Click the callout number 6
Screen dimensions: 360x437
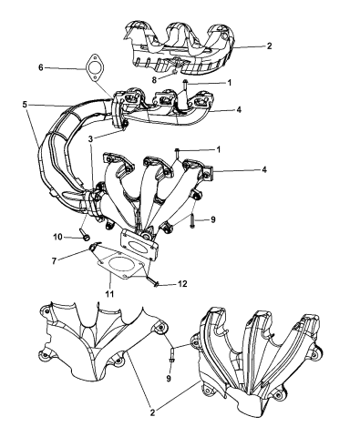(41, 67)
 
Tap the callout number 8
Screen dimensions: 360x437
(154, 80)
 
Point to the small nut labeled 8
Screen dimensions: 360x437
(174, 72)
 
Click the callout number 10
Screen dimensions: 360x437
(57, 237)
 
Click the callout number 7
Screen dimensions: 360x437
(54, 260)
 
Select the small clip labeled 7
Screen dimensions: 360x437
(95, 247)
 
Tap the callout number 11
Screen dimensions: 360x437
(109, 294)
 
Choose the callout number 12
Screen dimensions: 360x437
(182, 284)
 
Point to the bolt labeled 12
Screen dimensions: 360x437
(152, 281)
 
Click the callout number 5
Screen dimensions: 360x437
(25, 105)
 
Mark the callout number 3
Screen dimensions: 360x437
(90, 138)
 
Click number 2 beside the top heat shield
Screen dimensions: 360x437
(269, 46)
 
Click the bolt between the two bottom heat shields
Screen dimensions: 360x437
(171, 356)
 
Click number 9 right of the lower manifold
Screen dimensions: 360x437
(213, 219)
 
